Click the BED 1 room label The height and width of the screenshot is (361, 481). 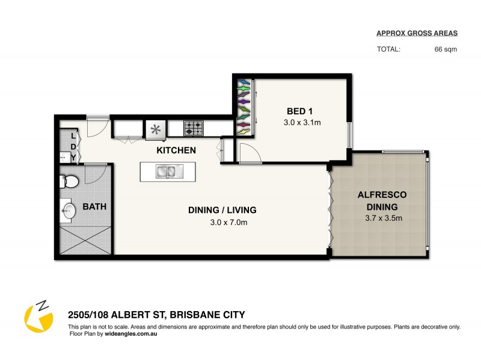coord(299,111)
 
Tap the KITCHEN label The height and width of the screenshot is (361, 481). coord(176,150)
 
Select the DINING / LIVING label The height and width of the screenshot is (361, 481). coord(222,210)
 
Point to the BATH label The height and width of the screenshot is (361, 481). coord(95,206)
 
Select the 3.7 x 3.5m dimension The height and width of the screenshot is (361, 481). coord(382,218)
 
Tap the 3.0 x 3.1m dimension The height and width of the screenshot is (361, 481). coord(302,123)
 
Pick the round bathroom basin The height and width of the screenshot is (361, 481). coord(69,211)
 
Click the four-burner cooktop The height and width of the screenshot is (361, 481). coord(194,128)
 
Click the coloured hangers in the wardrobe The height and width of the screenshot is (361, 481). coord(243,106)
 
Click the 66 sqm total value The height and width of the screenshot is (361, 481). coord(446,49)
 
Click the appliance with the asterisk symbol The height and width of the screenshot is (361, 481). coord(156,129)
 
